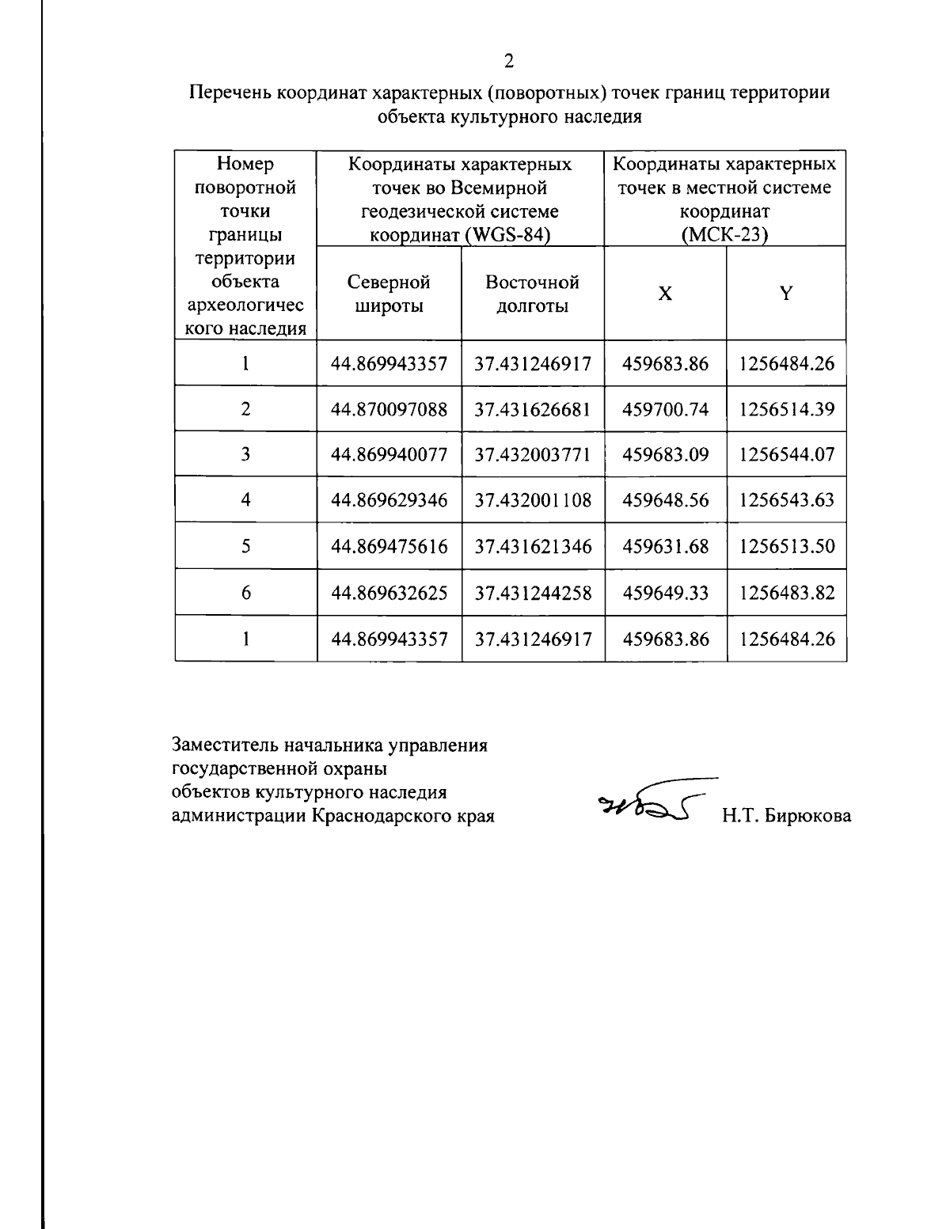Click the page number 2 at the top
click(509, 61)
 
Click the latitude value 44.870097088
click(389, 409)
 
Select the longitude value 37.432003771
click(533, 454)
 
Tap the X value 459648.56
click(666, 500)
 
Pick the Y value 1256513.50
click(787, 546)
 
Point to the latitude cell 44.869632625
click(389, 593)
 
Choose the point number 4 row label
click(246, 500)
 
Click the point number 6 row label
click(246, 593)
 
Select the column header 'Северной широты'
click(389, 294)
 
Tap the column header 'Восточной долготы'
click(532, 294)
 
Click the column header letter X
click(666, 294)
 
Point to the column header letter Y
click(786, 294)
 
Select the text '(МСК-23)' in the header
click(725, 235)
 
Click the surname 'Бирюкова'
click(807, 816)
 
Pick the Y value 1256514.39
click(787, 409)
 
